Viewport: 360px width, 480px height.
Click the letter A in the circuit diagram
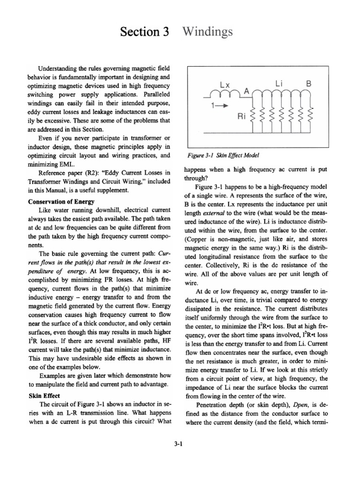click(x=245, y=92)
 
